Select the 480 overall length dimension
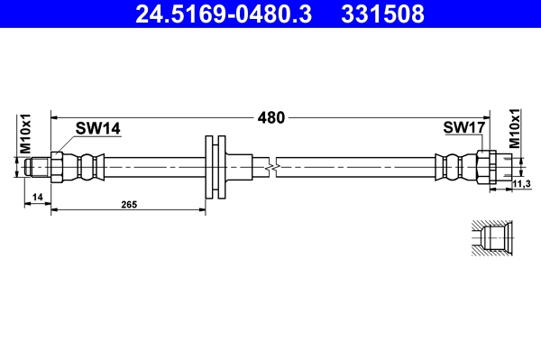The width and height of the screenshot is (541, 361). coord(271,117)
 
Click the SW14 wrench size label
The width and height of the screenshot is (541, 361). coord(98,129)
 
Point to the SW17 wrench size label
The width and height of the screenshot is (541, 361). coord(464,129)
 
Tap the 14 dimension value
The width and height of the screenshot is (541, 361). coord(37,197)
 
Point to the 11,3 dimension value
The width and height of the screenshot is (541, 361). coord(520,184)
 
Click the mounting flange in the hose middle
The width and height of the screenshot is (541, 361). coord(216,167)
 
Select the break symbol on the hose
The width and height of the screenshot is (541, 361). coord(272,167)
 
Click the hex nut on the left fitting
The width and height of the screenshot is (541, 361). coord(57,167)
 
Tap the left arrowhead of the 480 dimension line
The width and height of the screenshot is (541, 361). coord(55,117)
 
